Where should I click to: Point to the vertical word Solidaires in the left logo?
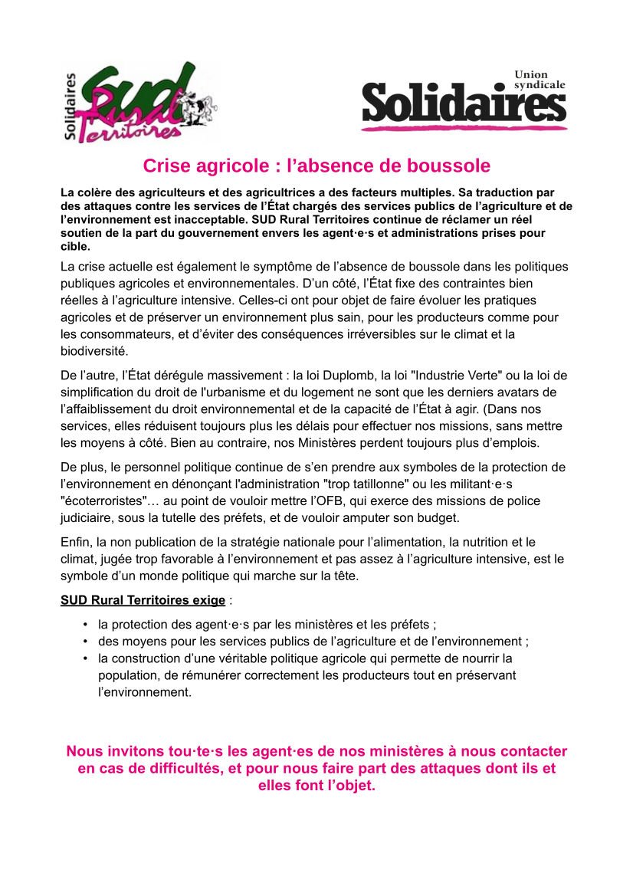point(71,107)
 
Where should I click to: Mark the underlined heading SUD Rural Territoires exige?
point(143,599)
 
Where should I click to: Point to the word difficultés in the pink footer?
point(166,769)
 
